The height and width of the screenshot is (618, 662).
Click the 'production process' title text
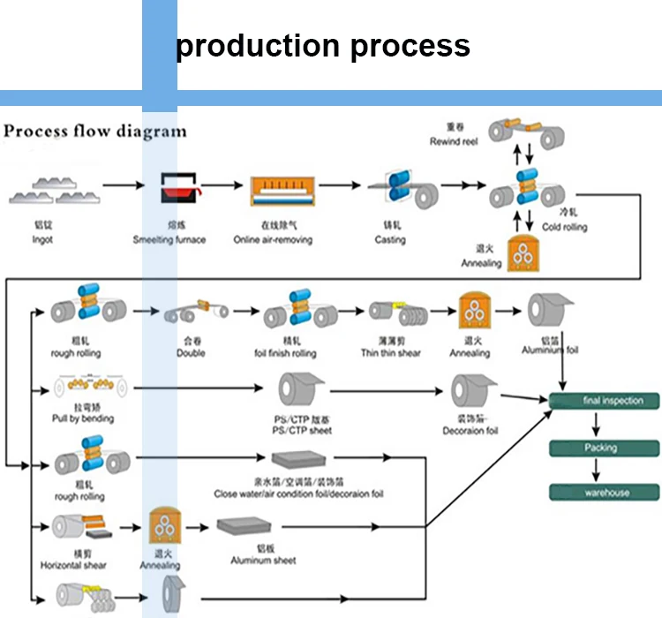[x=322, y=45]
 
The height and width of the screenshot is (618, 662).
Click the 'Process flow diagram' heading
[x=96, y=132]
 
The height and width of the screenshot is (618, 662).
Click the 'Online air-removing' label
[x=273, y=240]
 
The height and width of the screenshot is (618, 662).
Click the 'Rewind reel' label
[x=454, y=141]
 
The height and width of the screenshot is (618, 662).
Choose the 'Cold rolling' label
[x=565, y=227]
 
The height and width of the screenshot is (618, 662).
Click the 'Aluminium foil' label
[x=550, y=350]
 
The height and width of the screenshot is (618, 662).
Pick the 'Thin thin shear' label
[x=390, y=353]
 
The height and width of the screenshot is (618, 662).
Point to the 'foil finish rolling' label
[x=285, y=354]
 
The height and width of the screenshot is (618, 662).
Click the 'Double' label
[x=191, y=353]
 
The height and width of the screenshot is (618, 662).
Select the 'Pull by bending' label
[x=83, y=418]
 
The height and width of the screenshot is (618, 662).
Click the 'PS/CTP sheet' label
[x=303, y=431]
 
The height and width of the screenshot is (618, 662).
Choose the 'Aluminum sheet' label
[x=263, y=561]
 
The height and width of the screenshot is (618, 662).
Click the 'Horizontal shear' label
[x=73, y=565]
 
